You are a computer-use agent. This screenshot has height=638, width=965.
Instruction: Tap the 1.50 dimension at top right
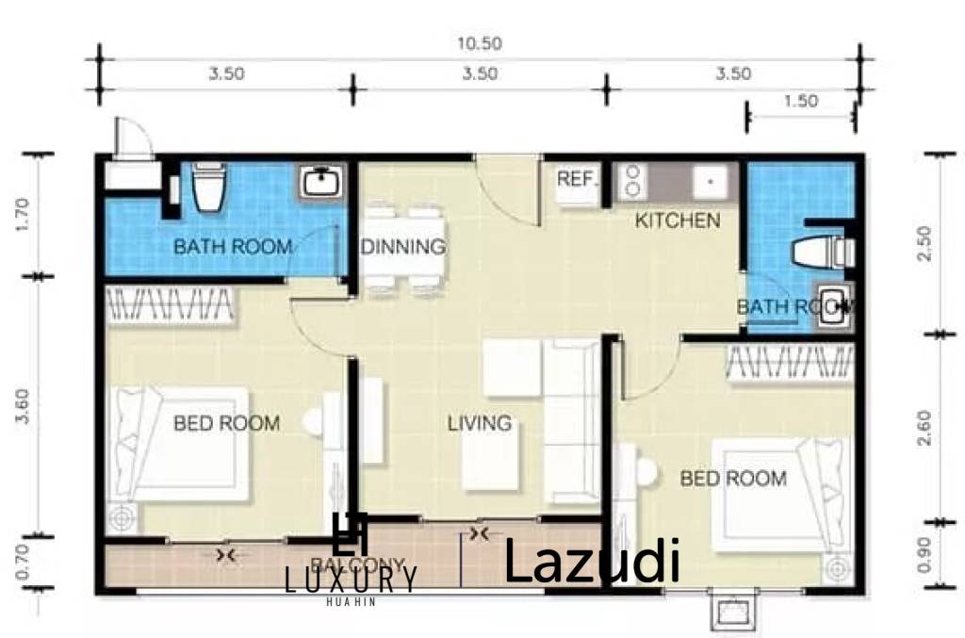tap(800, 102)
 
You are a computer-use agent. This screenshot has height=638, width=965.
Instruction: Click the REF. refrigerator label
tap(573, 179)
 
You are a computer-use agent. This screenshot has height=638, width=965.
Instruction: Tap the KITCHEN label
tap(678, 221)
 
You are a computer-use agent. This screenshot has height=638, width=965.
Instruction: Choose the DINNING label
tap(403, 248)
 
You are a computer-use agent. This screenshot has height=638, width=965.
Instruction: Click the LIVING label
tap(479, 423)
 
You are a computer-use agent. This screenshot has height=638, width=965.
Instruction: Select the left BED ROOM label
tap(226, 423)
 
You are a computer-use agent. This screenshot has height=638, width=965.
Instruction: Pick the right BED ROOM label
tap(733, 479)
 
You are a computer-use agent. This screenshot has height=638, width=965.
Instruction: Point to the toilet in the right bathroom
tap(823, 252)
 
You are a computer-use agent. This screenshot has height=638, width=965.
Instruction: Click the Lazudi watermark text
tap(592, 563)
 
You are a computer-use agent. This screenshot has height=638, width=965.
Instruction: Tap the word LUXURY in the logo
tap(351, 581)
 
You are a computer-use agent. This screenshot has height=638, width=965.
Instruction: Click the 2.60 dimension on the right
tap(927, 428)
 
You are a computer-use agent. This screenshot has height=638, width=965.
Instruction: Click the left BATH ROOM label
tap(232, 248)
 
